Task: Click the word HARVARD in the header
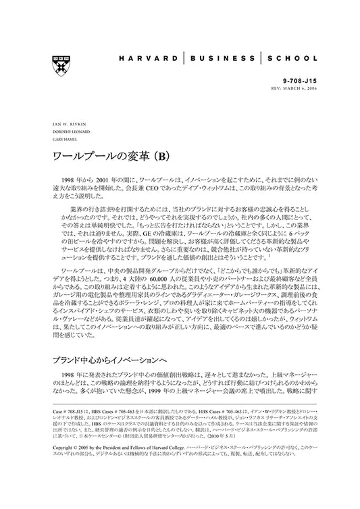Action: (152, 59)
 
